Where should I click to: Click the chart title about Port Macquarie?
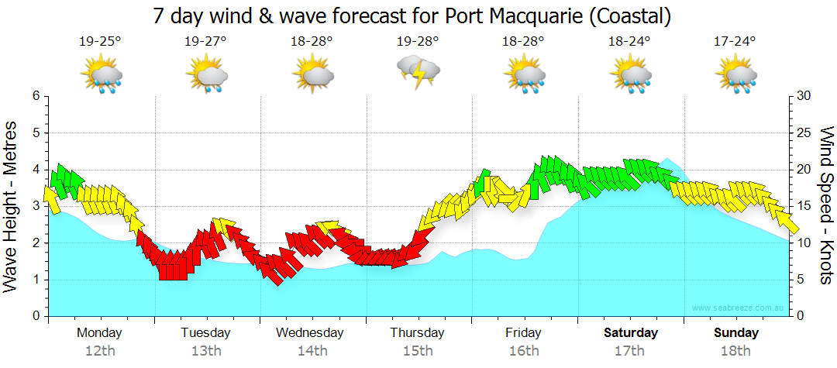tap(412, 15)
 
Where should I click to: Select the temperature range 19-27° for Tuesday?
tap(205, 42)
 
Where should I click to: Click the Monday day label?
tap(99, 333)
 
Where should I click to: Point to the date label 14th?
tap(312, 351)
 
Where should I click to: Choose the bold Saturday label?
tap(631, 333)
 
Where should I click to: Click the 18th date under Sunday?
tap(736, 351)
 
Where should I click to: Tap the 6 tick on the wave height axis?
tap(35, 96)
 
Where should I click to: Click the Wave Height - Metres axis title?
tap(12, 206)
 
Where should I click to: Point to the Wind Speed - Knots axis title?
tap(826, 206)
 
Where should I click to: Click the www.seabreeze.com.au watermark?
tap(739, 308)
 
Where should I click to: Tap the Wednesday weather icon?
tap(312, 74)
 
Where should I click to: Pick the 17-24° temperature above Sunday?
tap(735, 42)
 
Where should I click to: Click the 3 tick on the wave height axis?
tap(35, 206)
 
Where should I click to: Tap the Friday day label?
tap(524, 333)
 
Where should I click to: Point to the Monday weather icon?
tap(101, 75)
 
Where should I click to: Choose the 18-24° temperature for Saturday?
tap(629, 42)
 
